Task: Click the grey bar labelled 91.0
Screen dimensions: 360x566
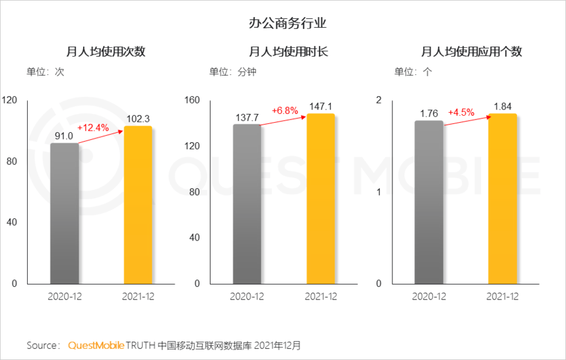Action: (x=65, y=213)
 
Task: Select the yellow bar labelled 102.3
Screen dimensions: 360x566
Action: (x=138, y=205)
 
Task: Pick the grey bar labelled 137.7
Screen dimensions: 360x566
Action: (x=247, y=204)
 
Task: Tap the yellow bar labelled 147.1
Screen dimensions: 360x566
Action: (x=320, y=199)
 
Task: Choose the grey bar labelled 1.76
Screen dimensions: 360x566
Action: (x=429, y=202)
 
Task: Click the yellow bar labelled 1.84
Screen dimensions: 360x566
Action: (x=502, y=199)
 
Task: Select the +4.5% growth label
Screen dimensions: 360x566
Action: (x=461, y=113)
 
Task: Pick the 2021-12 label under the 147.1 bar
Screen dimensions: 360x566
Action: (x=320, y=296)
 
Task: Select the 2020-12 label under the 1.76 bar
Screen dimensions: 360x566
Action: (x=429, y=296)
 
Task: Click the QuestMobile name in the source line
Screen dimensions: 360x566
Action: (x=96, y=346)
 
